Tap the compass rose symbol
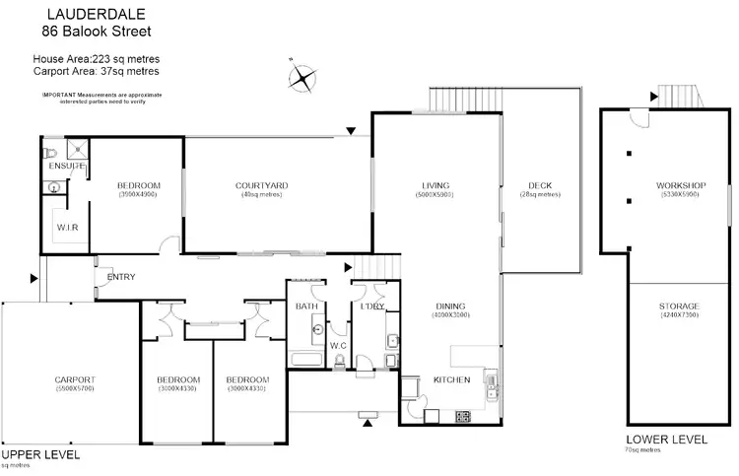coord(304,78)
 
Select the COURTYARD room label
coord(261,185)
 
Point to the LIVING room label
coord(434,185)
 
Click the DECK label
coord(539,185)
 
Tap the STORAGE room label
coord(679,306)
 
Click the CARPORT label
coord(74,379)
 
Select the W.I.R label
coord(68,228)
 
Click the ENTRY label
coord(121,277)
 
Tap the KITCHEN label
coord(451,379)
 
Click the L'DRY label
coord(371,306)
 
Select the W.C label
coord(337,345)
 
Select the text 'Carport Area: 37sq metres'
coord(97,71)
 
